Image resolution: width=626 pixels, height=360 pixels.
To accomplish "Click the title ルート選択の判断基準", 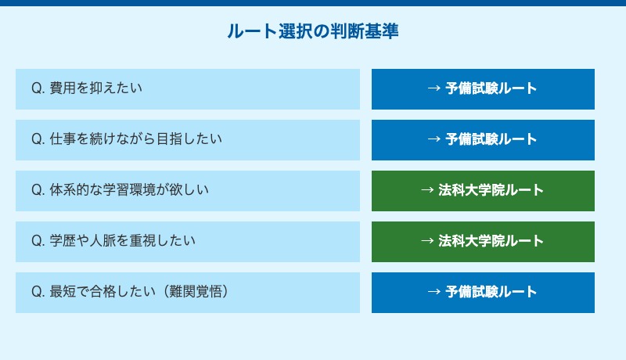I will (x=313, y=31).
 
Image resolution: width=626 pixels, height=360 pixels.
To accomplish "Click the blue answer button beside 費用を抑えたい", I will (x=483, y=89).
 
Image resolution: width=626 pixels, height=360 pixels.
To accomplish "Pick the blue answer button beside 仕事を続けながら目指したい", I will (x=483, y=140).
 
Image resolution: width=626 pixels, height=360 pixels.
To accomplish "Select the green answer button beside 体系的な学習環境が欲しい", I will (x=483, y=191).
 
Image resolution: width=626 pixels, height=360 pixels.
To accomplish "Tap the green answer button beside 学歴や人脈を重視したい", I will (x=483, y=242).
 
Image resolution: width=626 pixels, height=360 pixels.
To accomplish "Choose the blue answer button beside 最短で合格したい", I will (x=483, y=293).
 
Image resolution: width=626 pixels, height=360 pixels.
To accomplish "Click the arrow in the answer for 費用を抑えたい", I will (x=434, y=89).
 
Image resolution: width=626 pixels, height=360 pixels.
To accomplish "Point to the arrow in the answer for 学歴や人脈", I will (x=428, y=242).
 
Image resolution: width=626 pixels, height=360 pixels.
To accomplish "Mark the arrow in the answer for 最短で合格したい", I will (x=434, y=293).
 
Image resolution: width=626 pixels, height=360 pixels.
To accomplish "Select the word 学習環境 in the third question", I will (x=132, y=191).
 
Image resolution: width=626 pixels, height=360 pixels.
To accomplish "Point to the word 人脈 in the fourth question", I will (x=111, y=242).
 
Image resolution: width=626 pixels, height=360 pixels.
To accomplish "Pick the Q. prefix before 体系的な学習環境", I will (x=38, y=191).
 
